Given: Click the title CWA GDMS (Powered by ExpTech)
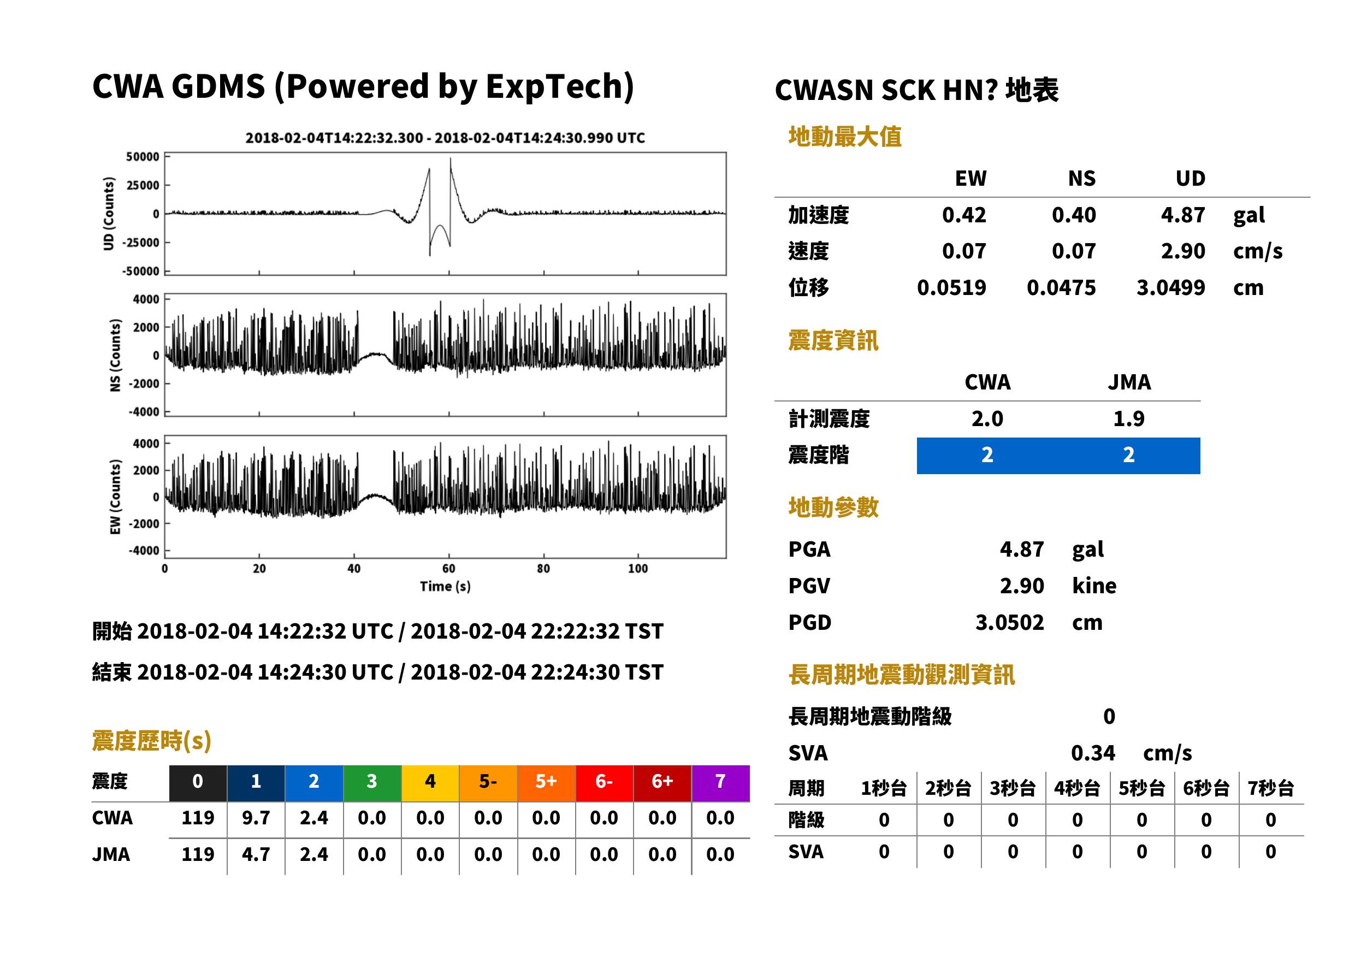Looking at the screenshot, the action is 363,86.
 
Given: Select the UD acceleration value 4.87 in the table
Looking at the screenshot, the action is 1183,215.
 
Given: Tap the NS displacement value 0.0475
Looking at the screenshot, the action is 1061,288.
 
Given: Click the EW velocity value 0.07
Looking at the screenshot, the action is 963,251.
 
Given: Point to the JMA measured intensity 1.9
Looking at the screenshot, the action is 1128,418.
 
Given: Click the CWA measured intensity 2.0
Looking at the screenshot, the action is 987,418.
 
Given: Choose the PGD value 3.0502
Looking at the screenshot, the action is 1009,622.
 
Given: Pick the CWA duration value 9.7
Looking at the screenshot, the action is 256,818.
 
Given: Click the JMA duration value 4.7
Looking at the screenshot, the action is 256,854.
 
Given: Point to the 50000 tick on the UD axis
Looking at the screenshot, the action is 143,157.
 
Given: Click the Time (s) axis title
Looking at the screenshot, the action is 445,587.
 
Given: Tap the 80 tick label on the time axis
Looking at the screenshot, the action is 543,569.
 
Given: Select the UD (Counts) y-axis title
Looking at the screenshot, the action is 109,214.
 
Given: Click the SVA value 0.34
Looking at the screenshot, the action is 1093,753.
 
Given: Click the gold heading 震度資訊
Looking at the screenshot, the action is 833,340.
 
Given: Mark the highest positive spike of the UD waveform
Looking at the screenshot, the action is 450,158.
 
